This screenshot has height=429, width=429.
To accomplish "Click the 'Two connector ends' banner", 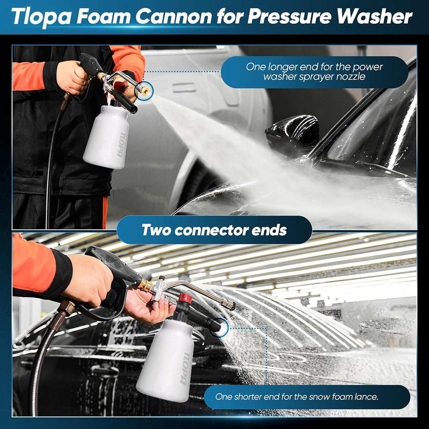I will coord(214,230).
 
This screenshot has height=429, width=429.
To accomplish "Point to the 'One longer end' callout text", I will coord(314,71).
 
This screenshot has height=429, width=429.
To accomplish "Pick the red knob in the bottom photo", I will coord(186,299).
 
